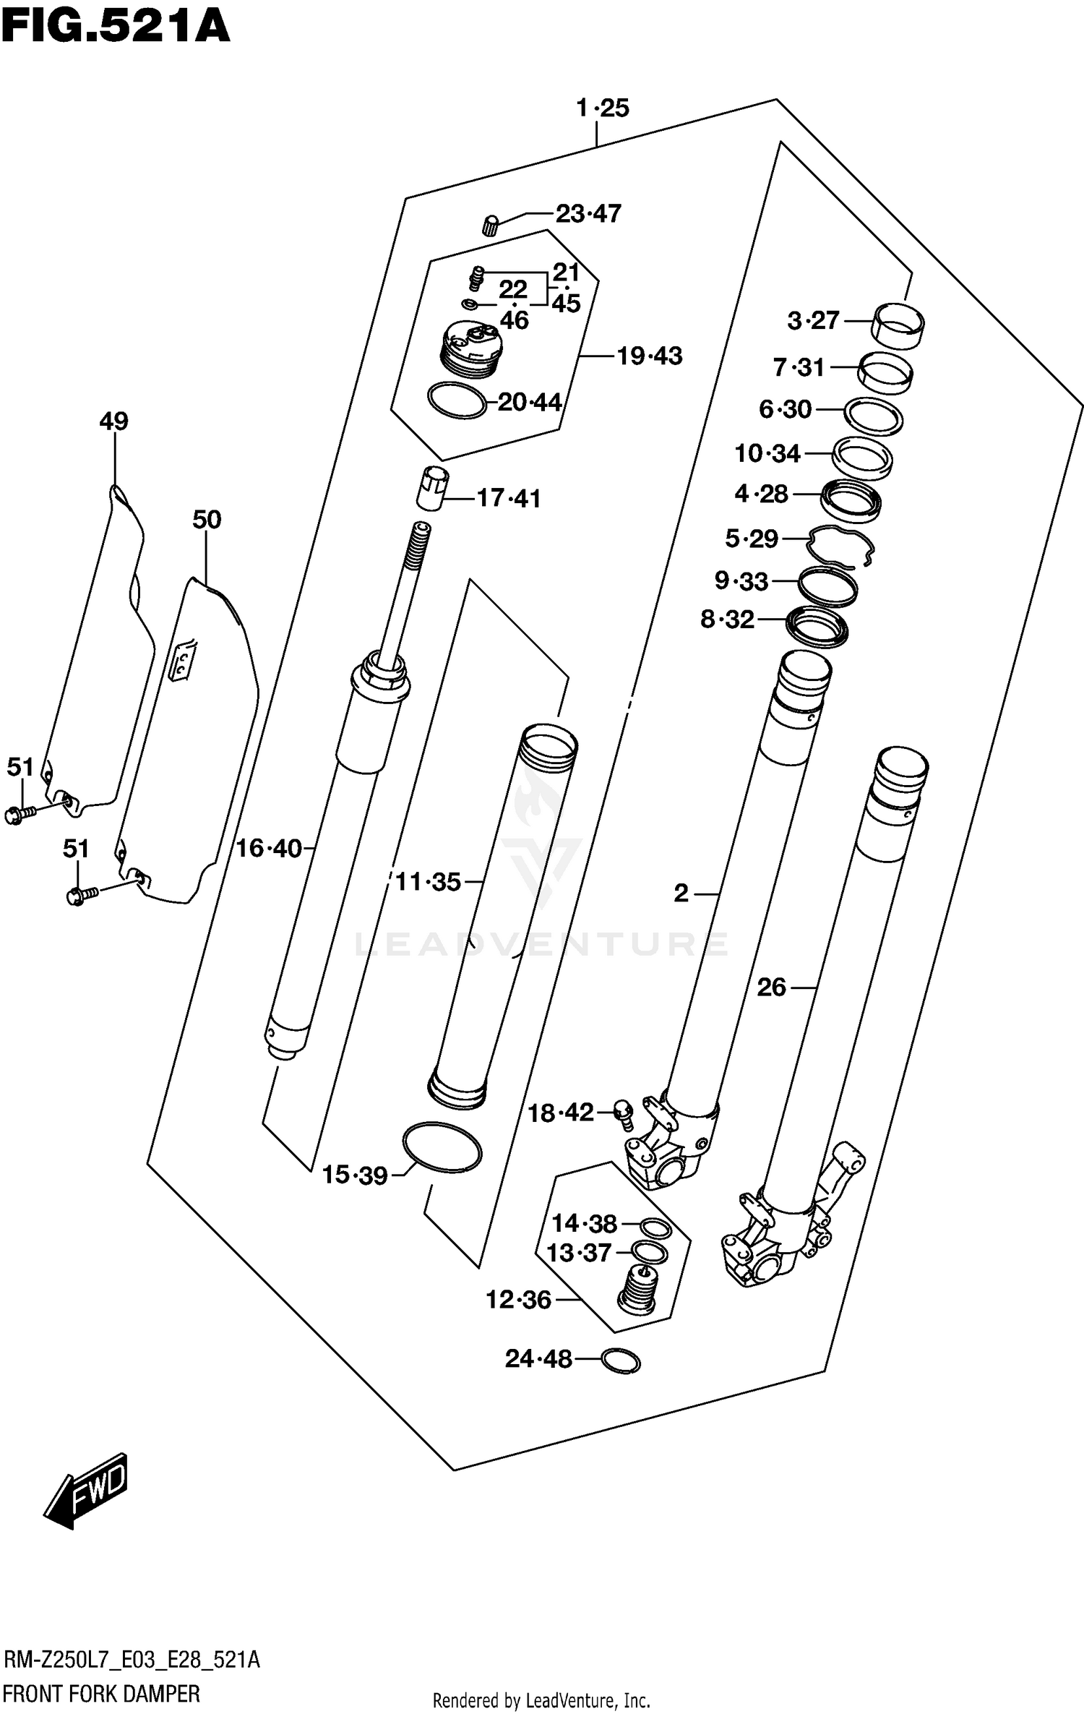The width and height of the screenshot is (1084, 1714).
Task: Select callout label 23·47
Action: pos(588,214)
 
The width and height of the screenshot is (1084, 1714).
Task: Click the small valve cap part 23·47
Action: pos(491,225)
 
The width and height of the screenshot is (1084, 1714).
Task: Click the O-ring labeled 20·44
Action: pos(457,400)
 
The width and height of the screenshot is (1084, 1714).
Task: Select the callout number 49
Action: pos(113,421)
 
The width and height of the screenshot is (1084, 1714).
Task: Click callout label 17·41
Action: pos(509,499)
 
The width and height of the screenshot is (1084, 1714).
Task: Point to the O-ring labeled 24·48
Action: pos(620,1361)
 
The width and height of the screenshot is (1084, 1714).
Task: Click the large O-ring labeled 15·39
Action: pos(442,1148)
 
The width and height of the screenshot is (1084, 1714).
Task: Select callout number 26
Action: pos(771,987)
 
